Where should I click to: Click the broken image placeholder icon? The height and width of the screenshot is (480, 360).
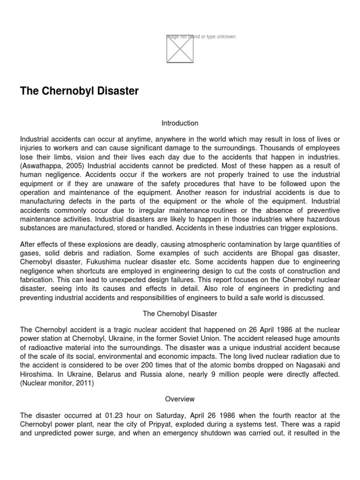pos(180,49)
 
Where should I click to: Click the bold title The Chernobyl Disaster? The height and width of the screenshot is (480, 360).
pos(79,91)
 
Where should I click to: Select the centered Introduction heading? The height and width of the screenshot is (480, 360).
pos(180,123)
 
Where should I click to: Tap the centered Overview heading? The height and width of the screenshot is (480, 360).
pos(180,399)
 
